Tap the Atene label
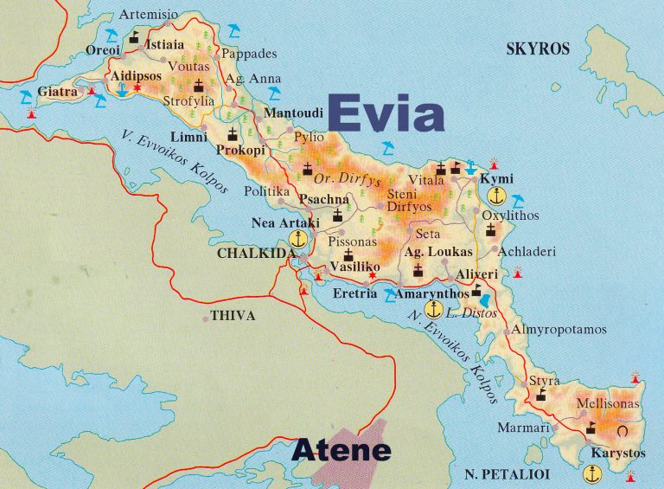click(x=341, y=450)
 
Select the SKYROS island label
click(x=538, y=49)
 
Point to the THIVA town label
click(x=233, y=316)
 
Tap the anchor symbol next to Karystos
click(x=592, y=473)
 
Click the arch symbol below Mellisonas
click(x=622, y=429)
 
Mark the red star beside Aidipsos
click(x=137, y=87)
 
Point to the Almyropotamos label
click(x=559, y=330)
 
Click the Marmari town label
click(x=523, y=428)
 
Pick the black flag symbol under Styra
click(x=541, y=395)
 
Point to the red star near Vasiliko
click(x=373, y=276)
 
